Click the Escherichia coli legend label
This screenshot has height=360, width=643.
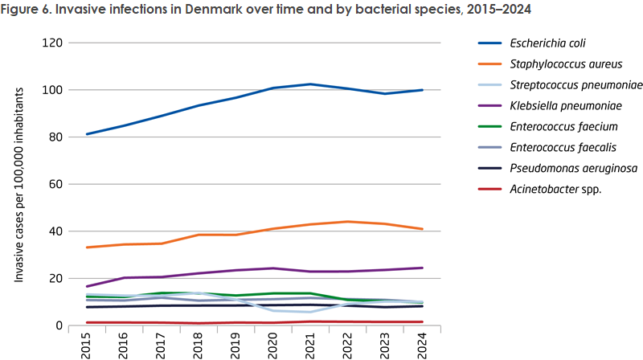click(x=544, y=43)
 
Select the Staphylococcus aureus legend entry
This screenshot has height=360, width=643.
click(x=554, y=63)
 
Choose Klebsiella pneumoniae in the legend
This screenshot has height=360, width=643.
click(x=556, y=105)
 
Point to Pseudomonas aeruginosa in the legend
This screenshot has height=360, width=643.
click(x=562, y=169)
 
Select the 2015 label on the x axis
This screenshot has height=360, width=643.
click(x=87, y=344)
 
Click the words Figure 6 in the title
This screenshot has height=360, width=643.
click(x=30, y=10)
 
